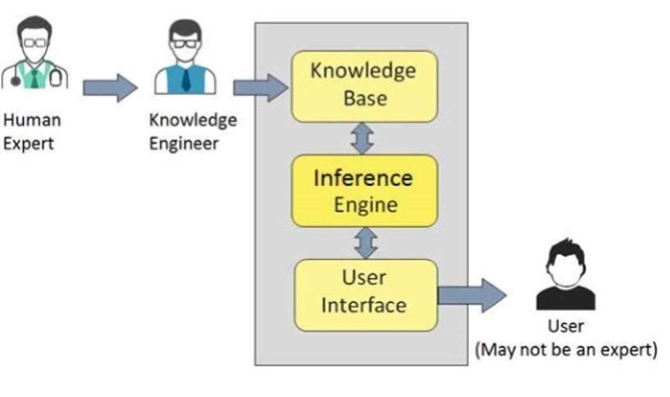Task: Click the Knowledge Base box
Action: coord(364,86)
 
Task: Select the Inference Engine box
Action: coord(364,190)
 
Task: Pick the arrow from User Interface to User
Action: coord(471,296)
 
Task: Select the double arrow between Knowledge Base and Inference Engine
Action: coord(363,138)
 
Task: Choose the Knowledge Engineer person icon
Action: coord(185,58)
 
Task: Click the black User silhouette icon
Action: coord(566,276)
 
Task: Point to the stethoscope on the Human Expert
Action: coord(15,81)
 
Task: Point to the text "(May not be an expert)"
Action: coord(566,350)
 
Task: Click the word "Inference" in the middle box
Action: coord(363,178)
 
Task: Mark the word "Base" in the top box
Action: coord(365,98)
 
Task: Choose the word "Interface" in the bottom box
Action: coord(364,305)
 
